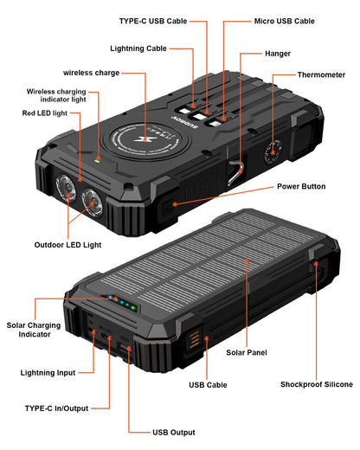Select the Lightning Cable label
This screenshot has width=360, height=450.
[144, 48]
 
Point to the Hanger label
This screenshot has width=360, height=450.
[278, 54]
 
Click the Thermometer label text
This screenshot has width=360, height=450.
[321, 75]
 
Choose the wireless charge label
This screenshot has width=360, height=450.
[91, 72]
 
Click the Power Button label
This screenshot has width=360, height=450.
[299, 187]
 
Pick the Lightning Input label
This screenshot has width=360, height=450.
[48, 373]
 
